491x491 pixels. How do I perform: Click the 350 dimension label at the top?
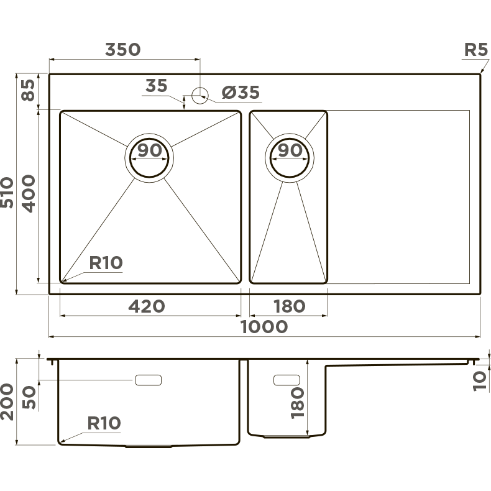[123, 50]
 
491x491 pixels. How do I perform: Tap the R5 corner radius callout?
[475, 50]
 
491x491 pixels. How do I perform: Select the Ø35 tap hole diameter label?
[241, 93]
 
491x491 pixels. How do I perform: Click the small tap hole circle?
[200, 96]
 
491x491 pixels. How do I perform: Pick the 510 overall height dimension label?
[7, 193]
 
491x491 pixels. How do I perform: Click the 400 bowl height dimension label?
[29, 194]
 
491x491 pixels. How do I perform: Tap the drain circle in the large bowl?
[149, 158]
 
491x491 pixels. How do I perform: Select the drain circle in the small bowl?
[290, 158]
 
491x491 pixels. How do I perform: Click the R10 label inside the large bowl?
[106, 263]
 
